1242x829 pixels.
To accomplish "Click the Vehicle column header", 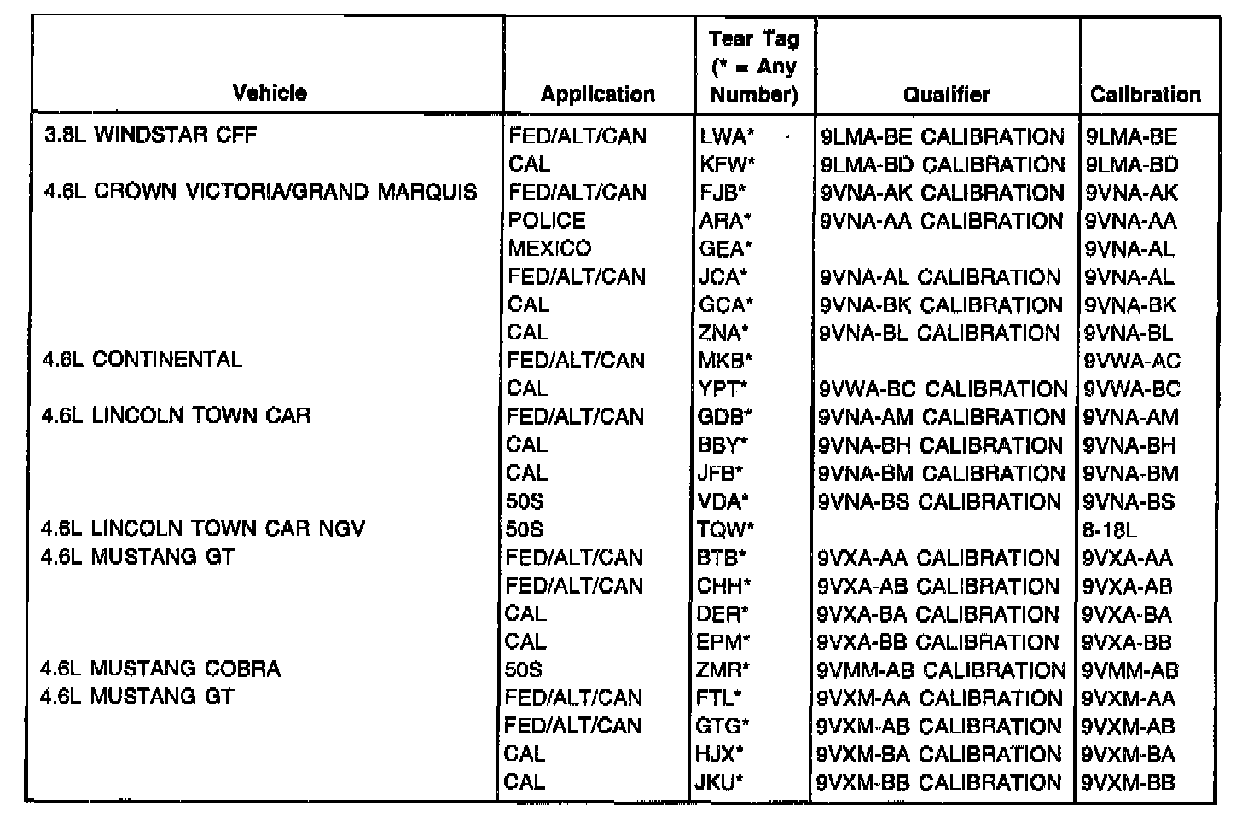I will (270, 92).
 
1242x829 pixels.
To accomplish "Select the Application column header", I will (597, 94).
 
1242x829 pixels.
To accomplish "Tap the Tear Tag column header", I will (754, 67).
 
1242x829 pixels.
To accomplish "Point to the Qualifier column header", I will (947, 94).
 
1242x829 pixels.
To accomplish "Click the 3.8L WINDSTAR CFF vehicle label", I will (150, 135).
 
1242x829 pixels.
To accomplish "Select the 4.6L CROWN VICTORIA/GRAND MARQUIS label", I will (259, 191).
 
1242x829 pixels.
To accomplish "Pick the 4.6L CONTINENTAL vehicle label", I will (142, 359).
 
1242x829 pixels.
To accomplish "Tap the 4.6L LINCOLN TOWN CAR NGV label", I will (203, 529).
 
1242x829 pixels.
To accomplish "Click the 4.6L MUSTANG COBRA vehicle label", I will (160, 669).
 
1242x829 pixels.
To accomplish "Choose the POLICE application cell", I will (547, 220).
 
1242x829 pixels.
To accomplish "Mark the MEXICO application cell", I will (549, 248).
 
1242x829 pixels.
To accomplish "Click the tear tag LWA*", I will (728, 136).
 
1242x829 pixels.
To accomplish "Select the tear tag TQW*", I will (726, 530).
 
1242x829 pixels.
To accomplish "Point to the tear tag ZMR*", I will (723, 670).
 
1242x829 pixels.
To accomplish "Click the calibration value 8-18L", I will (1110, 530).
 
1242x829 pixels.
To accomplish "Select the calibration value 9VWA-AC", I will (1132, 361).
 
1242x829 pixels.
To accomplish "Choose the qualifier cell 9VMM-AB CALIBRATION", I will (941, 670).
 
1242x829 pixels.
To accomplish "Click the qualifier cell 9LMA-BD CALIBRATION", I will (943, 165).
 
